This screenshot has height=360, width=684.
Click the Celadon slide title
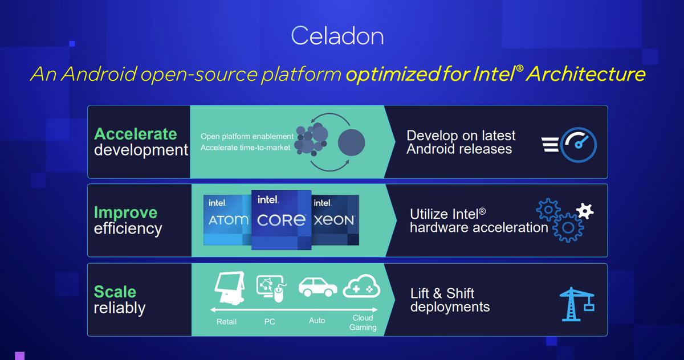click(x=337, y=36)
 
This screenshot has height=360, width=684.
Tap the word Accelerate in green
click(x=136, y=134)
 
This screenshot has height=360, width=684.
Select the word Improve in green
click(x=125, y=212)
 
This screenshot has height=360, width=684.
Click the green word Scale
click(x=115, y=291)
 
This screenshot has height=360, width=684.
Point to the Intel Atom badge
click(x=227, y=220)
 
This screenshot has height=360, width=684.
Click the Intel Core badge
click(x=281, y=220)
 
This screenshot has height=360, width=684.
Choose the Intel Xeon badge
click(x=335, y=220)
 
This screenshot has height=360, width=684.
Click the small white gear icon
click(x=585, y=211)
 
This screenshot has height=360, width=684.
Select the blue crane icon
click(x=577, y=304)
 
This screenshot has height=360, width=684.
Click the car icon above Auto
click(x=318, y=287)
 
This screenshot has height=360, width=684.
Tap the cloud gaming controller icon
click(x=362, y=286)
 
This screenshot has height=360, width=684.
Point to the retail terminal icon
click(x=230, y=288)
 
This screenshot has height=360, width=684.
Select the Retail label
click(x=227, y=322)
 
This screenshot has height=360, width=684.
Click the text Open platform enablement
click(x=247, y=136)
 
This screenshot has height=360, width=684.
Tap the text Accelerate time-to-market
click(x=245, y=148)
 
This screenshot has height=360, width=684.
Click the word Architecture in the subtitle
click(x=587, y=74)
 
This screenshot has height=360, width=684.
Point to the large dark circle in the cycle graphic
click(x=351, y=142)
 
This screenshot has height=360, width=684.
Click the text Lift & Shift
click(x=442, y=293)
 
